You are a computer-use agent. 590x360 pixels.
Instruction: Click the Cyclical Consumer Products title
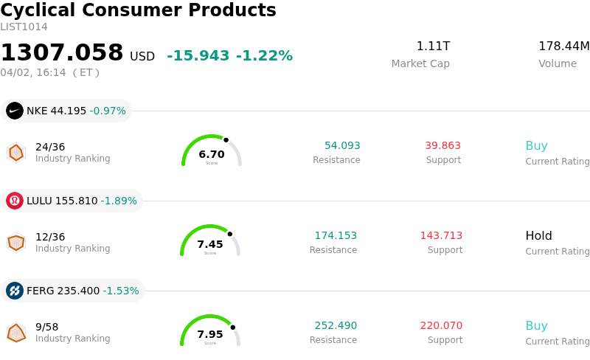[138, 10]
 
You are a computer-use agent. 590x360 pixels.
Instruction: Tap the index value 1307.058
[62, 53]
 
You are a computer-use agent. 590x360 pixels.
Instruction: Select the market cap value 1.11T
[433, 46]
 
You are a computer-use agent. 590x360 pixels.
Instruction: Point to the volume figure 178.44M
[563, 46]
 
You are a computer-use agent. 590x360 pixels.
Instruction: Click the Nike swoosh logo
[15, 111]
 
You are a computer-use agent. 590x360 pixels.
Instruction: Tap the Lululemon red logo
[15, 201]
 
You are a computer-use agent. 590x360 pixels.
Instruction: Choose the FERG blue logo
[15, 291]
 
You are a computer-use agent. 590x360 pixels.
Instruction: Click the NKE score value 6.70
[212, 154]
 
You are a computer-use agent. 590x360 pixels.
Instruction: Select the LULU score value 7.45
[210, 244]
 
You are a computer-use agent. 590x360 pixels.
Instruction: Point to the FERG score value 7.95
[210, 334]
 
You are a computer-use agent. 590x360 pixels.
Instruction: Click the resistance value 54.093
[342, 146]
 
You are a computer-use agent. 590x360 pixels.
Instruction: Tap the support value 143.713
[441, 236]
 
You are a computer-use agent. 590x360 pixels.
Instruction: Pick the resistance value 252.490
[336, 326]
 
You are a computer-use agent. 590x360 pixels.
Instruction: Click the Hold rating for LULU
[538, 236]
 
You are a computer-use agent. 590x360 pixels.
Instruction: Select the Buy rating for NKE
[536, 146]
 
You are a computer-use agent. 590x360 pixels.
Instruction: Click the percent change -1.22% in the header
[264, 56]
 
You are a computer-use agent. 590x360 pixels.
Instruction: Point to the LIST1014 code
[24, 27]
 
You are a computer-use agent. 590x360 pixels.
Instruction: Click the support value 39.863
[442, 146]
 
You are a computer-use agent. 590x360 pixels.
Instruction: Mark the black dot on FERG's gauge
[232, 327]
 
